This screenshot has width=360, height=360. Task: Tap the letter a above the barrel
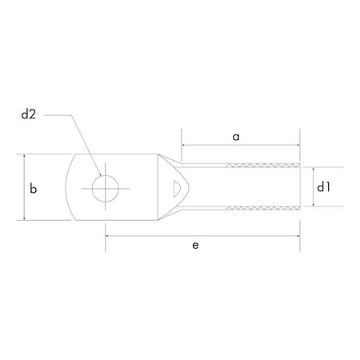coord(237,137)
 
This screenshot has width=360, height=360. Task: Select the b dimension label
coord(33,189)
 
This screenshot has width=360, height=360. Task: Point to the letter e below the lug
coord(196,246)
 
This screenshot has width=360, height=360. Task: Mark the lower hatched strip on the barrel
coord(264,208)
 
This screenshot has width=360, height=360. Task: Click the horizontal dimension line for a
coord(240,147)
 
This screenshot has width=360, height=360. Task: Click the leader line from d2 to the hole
coord(80,140)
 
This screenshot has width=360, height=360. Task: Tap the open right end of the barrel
coord(300,187)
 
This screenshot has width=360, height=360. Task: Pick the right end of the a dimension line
coord(300,147)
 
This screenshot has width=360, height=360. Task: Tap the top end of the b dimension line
coord(25,154)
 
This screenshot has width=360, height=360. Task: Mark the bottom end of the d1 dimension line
coord(310,207)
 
